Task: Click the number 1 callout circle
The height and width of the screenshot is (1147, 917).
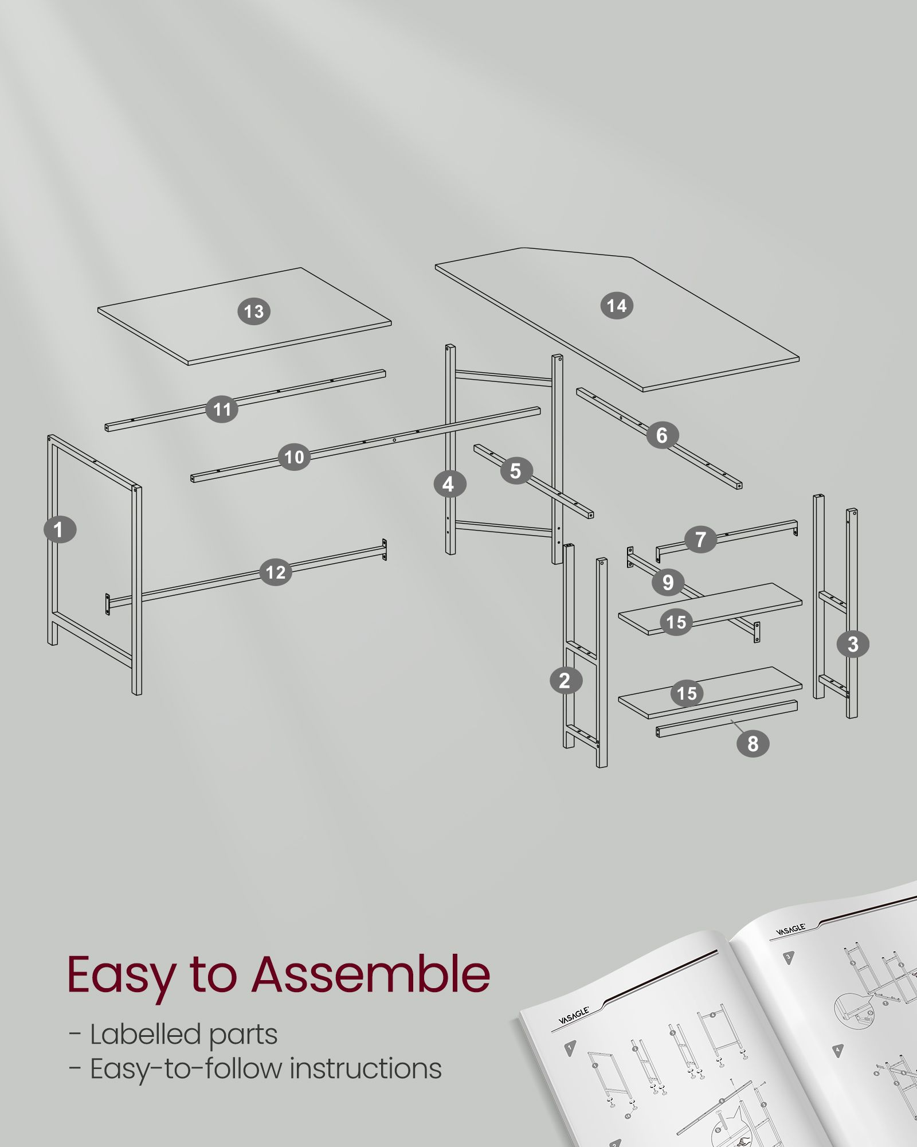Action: [x=60, y=529]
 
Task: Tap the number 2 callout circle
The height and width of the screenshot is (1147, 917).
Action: [x=566, y=680]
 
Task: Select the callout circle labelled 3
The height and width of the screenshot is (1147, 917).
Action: [x=853, y=643]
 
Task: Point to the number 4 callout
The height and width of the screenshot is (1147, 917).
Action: [x=449, y=484]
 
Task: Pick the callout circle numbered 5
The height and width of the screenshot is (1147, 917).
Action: [x=516, y=470]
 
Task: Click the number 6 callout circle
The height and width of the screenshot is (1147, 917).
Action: [x=663, y=435]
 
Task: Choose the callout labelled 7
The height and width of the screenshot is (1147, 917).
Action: [x=700, y=539]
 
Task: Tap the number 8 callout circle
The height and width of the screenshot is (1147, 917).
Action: [x=753, y=743]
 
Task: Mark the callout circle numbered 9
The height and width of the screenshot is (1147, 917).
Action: [x=668, y=582]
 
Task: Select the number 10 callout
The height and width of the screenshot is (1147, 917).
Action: [x=295, y=457]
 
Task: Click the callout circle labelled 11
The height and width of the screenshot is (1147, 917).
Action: [x=222, y=409]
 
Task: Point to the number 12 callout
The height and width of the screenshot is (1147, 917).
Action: [x=276, y=572]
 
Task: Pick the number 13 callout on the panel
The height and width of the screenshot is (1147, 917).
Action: [x=254, y=311]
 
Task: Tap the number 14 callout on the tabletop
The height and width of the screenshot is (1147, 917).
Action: [x=617, y=305]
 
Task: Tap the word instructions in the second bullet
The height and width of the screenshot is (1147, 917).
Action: [x=366, y=1068]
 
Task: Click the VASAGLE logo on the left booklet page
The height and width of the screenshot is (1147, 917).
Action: [x=574, y=1015]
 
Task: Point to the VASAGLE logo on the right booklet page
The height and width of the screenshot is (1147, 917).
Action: [x=791, y=930]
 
